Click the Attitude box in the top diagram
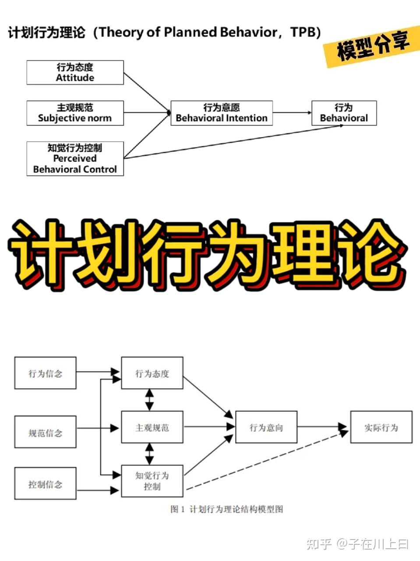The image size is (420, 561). tap(75, 73)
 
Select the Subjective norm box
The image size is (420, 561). tap(75, 113)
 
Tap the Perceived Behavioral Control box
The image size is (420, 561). tap(75, 158)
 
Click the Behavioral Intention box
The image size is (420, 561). tap(221, 113)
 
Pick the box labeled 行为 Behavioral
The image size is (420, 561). tap(344, 113)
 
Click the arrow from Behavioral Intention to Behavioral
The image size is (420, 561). tap(292, 113)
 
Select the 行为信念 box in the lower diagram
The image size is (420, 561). tap(45, 373)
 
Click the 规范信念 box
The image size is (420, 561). tap(45, 432)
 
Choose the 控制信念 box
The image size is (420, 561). tap(45, 483)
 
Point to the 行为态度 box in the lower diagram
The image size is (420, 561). tap(152, 373)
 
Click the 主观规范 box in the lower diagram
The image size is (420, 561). tap(152, 427)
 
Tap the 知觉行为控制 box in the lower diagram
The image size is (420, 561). tap(152, 481)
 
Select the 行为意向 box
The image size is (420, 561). tap(266, 427)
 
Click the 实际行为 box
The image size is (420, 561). tap(381, 427)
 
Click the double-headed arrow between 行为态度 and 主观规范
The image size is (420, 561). tap(150, 400)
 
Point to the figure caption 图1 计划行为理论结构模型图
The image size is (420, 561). tap(226, 509)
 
